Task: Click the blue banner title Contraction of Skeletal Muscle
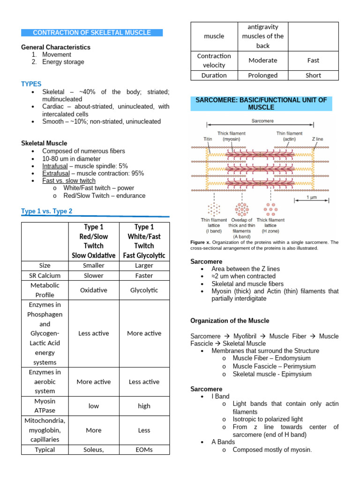click(92, 33)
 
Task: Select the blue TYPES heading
click(31, 84)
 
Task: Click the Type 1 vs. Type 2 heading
click(47, 211)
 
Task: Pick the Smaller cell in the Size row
click(94, 265)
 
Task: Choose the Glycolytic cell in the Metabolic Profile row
click(144, 290)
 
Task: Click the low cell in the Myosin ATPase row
click(94, 406)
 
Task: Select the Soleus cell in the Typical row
click(94, 450)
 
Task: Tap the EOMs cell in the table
click(144, 450)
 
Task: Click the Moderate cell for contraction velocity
click(262, 60)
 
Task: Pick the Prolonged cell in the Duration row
click(262, 75)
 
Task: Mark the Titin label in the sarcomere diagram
click(208, 139)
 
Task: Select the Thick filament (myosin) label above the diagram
click(231, 136)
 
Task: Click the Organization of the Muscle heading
click(230, 321)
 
